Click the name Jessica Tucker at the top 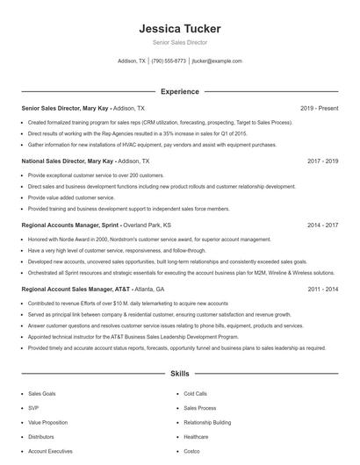pos(179,28)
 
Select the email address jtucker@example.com pos(217,61)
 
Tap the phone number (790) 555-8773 pos(169,61)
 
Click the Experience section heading pos(179,91)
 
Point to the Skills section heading pos(179,374)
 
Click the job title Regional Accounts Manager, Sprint pos(70,225)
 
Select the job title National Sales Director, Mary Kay pos(68,161)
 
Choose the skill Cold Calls pos(196,394)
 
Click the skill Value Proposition pos(48,422)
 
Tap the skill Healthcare pos(196,436)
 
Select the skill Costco pos(193,450)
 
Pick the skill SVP pos(33,408)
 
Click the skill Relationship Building pos(207,422)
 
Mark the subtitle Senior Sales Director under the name pos(179,42)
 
